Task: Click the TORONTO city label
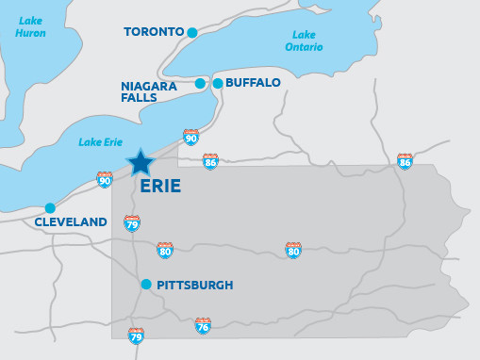click(154, 32)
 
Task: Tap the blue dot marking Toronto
click(192, 32)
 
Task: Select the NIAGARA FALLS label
click(149, 91)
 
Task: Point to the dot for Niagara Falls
click(200, 83)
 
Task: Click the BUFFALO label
click(254, 83)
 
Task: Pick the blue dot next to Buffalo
click(218, 83)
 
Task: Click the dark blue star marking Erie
click(141, 162)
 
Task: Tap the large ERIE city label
click(159, 187)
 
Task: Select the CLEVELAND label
click(71, 222)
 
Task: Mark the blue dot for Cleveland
click(50, 208)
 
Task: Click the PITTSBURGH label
click(195, 285)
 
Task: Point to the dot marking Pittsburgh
click(146, 284)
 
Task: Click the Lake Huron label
click(30, 26)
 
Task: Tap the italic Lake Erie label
click(101, 142)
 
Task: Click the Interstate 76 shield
click(203, 326)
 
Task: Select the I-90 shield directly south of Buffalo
click(191, 138)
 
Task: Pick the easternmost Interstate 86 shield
click(406, 162)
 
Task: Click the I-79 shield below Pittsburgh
click(137, 335)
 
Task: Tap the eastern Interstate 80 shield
click(293, 250)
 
